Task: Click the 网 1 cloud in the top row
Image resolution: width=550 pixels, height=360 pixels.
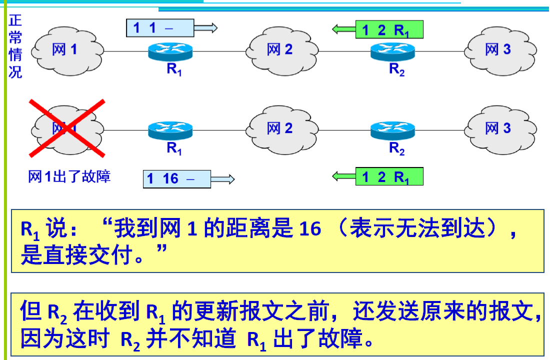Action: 67,50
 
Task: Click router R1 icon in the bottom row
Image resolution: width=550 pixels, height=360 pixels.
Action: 170,130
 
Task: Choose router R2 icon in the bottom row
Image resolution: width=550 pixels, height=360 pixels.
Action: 393,130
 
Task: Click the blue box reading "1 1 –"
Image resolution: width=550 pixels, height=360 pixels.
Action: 159,27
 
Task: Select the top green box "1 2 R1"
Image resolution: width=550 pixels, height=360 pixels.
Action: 389,30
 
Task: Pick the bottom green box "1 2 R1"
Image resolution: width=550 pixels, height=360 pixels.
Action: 389,177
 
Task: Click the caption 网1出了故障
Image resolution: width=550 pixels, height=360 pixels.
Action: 69,176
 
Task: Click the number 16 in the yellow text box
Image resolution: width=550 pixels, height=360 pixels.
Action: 310,229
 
